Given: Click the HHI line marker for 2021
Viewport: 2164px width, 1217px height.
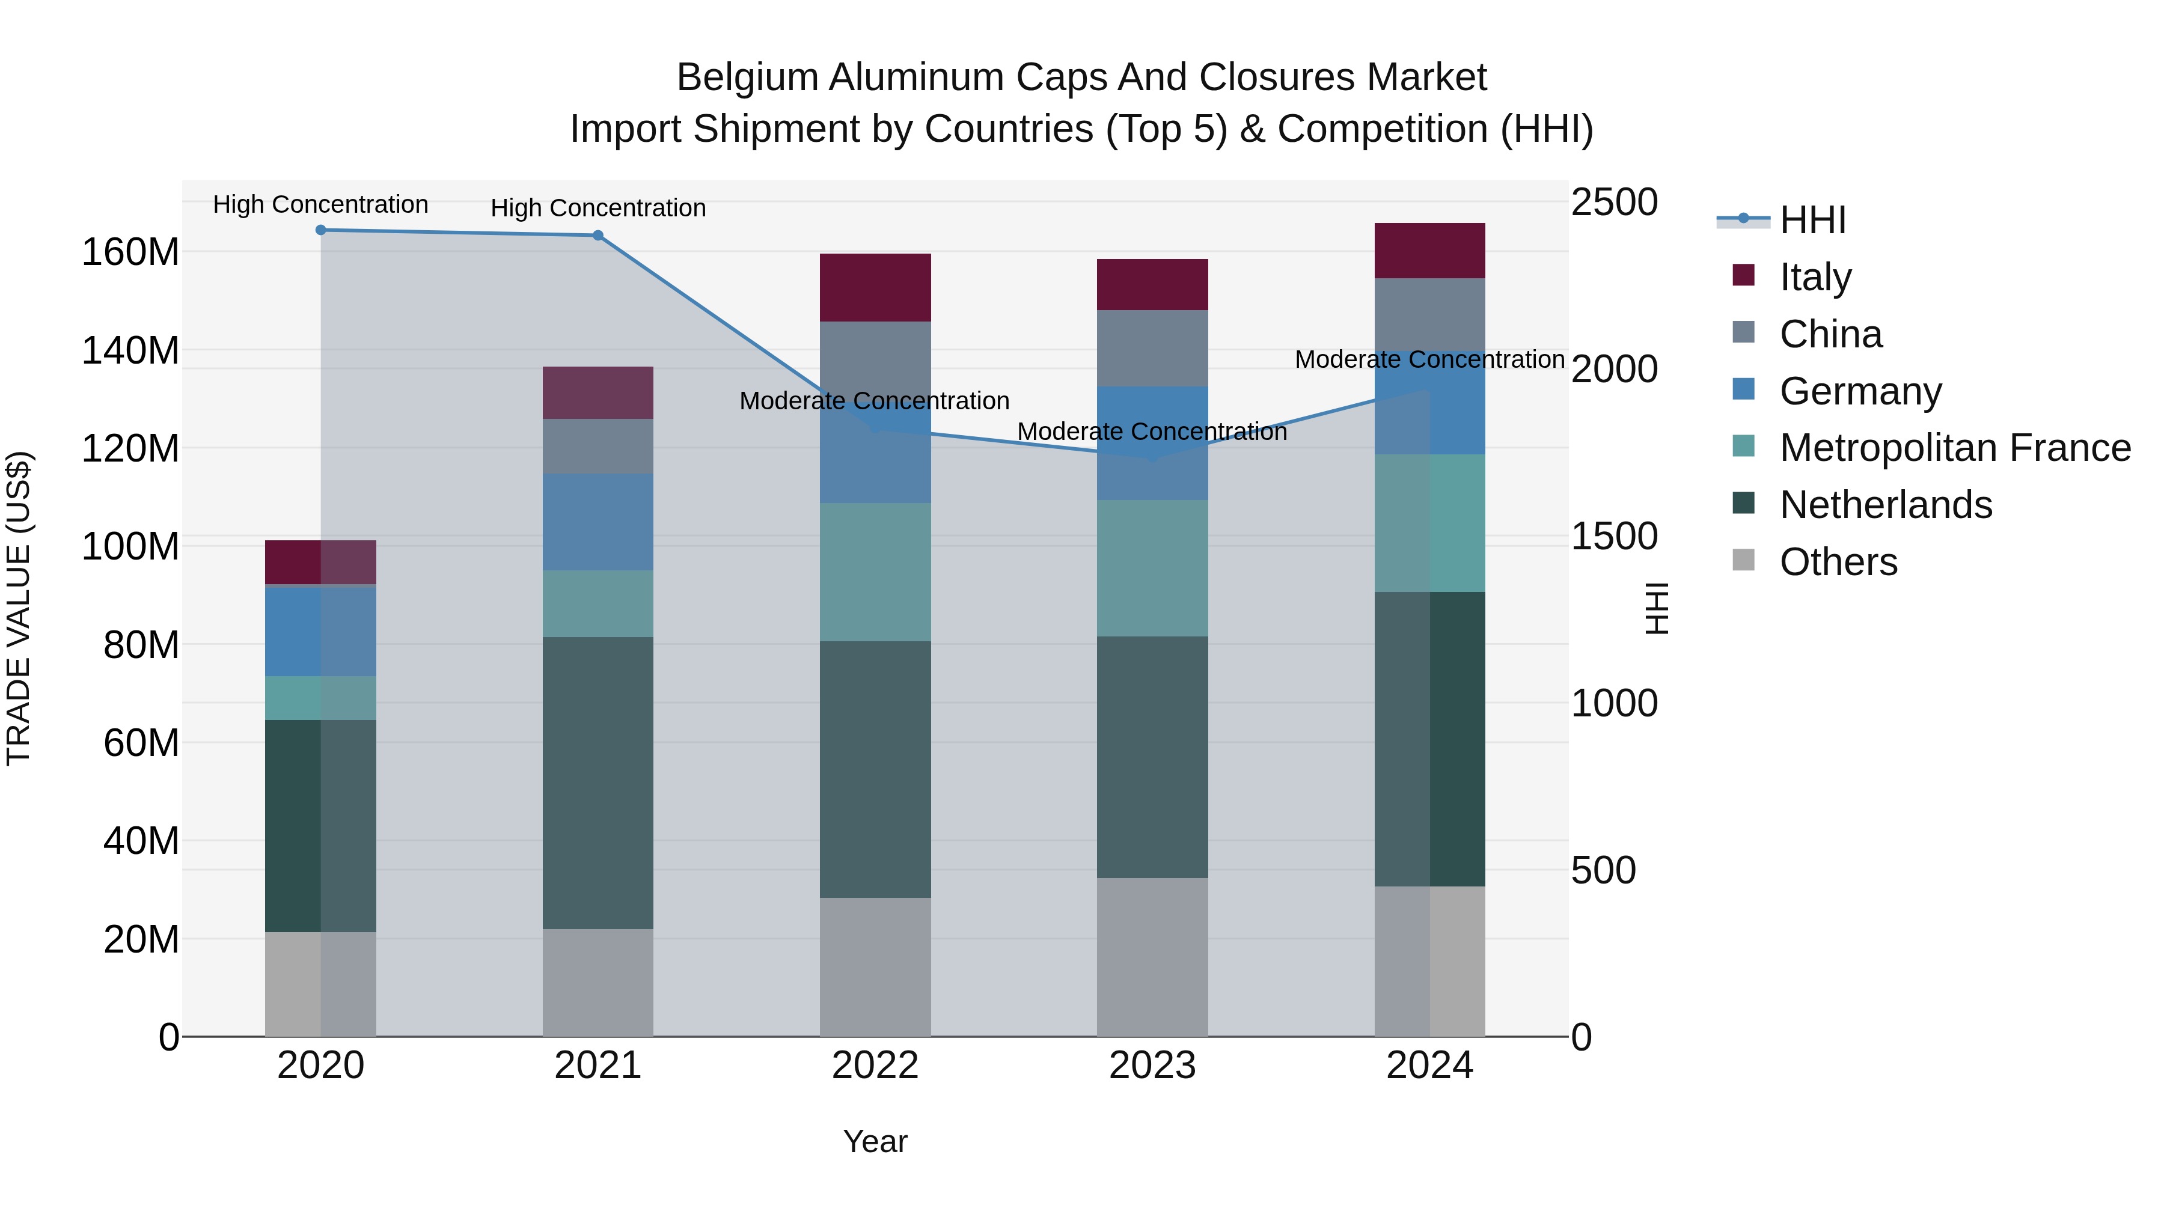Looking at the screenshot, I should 598,235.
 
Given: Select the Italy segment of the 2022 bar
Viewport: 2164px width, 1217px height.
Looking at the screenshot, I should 875,287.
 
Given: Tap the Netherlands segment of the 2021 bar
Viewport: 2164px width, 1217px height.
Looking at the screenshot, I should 598,782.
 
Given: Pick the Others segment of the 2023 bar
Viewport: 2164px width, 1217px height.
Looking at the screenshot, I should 1152,957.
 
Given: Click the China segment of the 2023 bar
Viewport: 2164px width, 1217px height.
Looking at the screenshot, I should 1152,348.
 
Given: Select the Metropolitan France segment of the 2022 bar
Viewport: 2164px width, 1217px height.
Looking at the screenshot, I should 875,572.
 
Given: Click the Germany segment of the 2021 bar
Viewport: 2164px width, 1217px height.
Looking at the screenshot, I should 598,522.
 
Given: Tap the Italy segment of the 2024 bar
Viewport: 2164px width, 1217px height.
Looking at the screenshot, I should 1430,250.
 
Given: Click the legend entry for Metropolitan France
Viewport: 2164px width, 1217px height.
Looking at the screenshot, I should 1955,448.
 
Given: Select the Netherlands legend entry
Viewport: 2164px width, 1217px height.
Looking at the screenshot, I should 1885,505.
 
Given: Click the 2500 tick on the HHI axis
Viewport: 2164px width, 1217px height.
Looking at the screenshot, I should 1614,203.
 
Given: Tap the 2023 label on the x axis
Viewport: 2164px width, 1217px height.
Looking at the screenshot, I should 1152,1066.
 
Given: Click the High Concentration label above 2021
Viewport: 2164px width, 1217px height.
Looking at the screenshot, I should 598,209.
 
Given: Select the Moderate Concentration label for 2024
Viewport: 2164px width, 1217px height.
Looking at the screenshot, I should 1430,359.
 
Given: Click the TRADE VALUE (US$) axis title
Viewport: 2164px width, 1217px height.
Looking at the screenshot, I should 19,608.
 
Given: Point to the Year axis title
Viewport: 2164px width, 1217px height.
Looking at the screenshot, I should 875,1141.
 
